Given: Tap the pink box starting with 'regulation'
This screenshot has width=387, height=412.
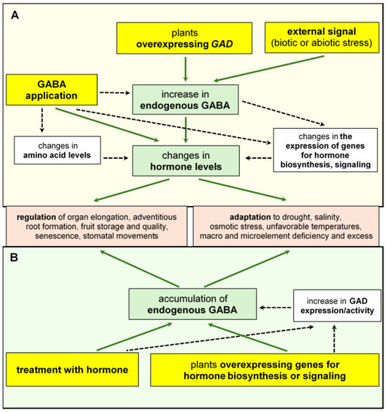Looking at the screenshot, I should pyautogui.click(x=96, y=225).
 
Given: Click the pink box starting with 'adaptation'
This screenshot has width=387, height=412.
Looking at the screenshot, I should pyautogui.click(x=288, y=225).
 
